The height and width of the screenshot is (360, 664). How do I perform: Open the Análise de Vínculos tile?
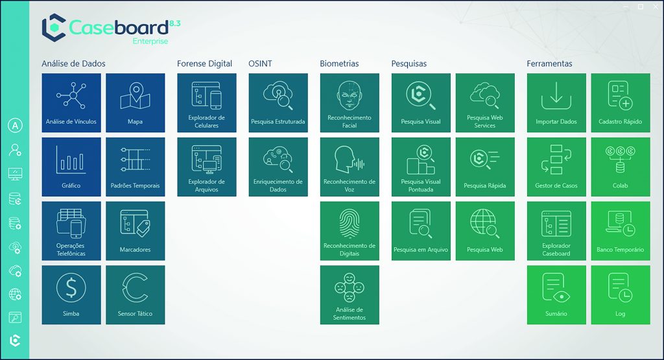pyautogui.click(x=71, y=102)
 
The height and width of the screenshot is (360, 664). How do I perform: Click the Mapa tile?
pyautogui.click(x=135, y=102)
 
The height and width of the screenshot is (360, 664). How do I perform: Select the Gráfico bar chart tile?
pyautogui.click(x=71, y=167)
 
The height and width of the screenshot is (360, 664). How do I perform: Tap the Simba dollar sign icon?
pyautogui.click(x=71, y=288)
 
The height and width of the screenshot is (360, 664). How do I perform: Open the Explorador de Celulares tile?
pyautogui.click(x=207, y=102)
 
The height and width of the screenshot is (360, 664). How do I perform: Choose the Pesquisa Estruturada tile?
pyautogui.click(x=278, y=102)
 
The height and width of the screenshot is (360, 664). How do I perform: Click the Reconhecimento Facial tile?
pyautogui.click(x=350, y=102)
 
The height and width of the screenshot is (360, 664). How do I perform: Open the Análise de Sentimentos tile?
pyautogui.click(x=350, y=294)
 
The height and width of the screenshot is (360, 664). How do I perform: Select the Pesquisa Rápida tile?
pyautogui.click(x=485, y=167)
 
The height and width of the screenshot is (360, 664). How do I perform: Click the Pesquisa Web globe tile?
pyautogui.click(x=485, y=230)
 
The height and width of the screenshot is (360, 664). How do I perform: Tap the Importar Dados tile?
pyautogui.click(x=556, y=102)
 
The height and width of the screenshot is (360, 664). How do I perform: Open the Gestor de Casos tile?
pyautogui.click(x=556, y=167)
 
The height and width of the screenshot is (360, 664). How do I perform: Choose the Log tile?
pyautogui.click(x=621, y=294)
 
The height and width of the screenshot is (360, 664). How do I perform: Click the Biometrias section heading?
pyautogui.click(x=339, y=64)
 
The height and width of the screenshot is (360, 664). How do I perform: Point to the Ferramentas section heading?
pyautogui.click(x=549, y=64)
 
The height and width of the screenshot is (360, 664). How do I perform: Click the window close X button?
pyautogui.click(x=656, y=6)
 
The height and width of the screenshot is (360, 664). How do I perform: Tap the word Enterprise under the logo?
pyautogui.click(x=150, y=42)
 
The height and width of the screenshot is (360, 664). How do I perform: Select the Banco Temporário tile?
pyautogui.click(x=621, y=230)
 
